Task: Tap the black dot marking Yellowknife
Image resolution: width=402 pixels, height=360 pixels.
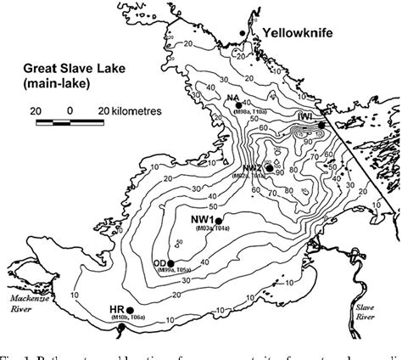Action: [243, 32]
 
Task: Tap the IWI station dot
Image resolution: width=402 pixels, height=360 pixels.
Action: [322, 126]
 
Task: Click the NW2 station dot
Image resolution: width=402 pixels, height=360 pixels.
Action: [269, 168]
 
